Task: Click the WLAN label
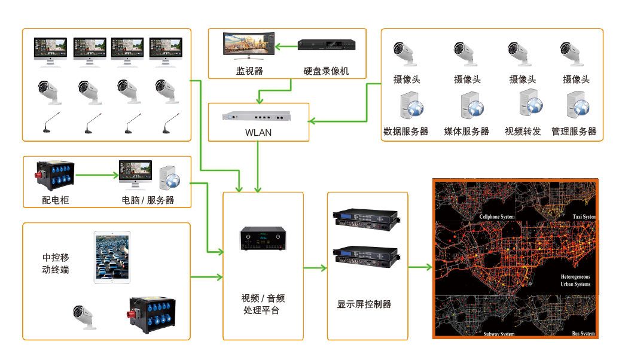pos(258,132)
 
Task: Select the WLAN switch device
pos(258,117)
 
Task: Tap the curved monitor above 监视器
pos(248,46)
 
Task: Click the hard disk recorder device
pos(327,45)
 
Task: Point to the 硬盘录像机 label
pos(326,72)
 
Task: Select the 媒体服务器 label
pos(466,132)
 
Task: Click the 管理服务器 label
pos(574,132)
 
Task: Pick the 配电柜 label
pos(56,200)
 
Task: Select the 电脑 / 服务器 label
pos(148,200)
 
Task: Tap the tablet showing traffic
pos(112,257)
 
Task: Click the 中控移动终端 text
pos(56,263)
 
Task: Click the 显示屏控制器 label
pos(364,304)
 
